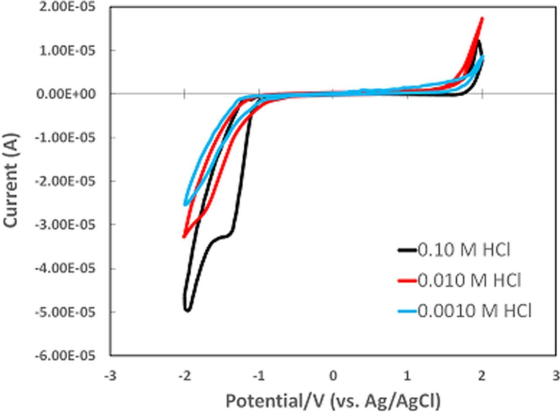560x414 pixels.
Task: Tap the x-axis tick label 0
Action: click(333, 376)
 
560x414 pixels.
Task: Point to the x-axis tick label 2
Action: click(482, 376)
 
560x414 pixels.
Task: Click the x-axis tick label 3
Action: click(556, 376)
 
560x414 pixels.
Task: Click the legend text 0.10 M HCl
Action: click(464, 250)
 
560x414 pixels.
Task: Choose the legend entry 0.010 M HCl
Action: click(469, 281)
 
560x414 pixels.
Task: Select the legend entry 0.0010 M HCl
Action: click(474, 311)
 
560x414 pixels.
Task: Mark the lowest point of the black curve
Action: click(187, 310)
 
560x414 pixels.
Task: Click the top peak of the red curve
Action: click(482, 18)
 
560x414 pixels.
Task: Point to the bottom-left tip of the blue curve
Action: click(185, 204)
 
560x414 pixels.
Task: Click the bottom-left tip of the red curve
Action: click(184, 237)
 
